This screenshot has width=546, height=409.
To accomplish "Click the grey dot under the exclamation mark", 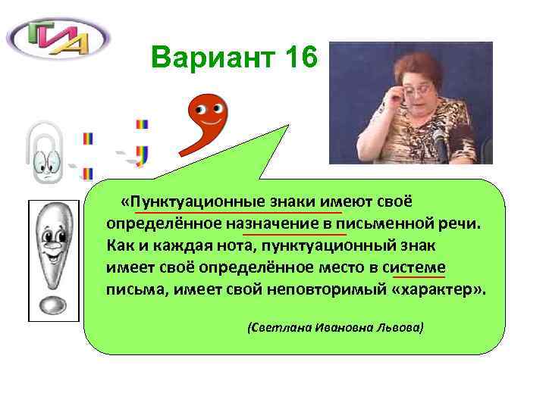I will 52,304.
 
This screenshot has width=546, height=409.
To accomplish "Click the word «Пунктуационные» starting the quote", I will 194,203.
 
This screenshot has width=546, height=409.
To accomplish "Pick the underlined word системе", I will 415,267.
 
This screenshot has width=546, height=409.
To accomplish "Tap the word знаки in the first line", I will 300,203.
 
